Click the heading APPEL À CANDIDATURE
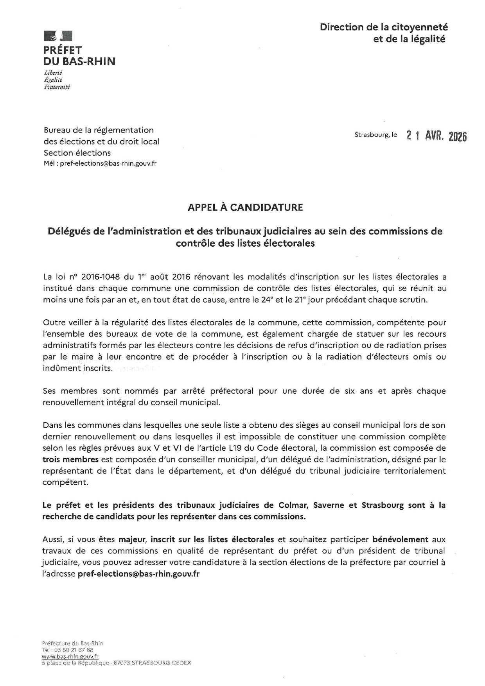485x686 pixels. [x=245, y=207]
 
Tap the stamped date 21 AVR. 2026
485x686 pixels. [x=436, y=136]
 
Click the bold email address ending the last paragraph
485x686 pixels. [x=139, y=574]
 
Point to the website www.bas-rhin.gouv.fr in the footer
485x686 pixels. [x=70, y=657]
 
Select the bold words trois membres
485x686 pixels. [x=70, y=459]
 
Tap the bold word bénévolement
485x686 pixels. [x=401, y=539]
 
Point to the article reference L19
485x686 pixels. [x=231, y=448]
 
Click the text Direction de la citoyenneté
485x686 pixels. [x=384, y=27]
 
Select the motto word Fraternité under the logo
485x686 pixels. [x=57, y=87]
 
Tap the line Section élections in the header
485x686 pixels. [x=77, y=153]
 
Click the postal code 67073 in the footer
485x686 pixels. [x=121, y=663]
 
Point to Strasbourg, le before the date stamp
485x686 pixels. [x=375, y=135]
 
